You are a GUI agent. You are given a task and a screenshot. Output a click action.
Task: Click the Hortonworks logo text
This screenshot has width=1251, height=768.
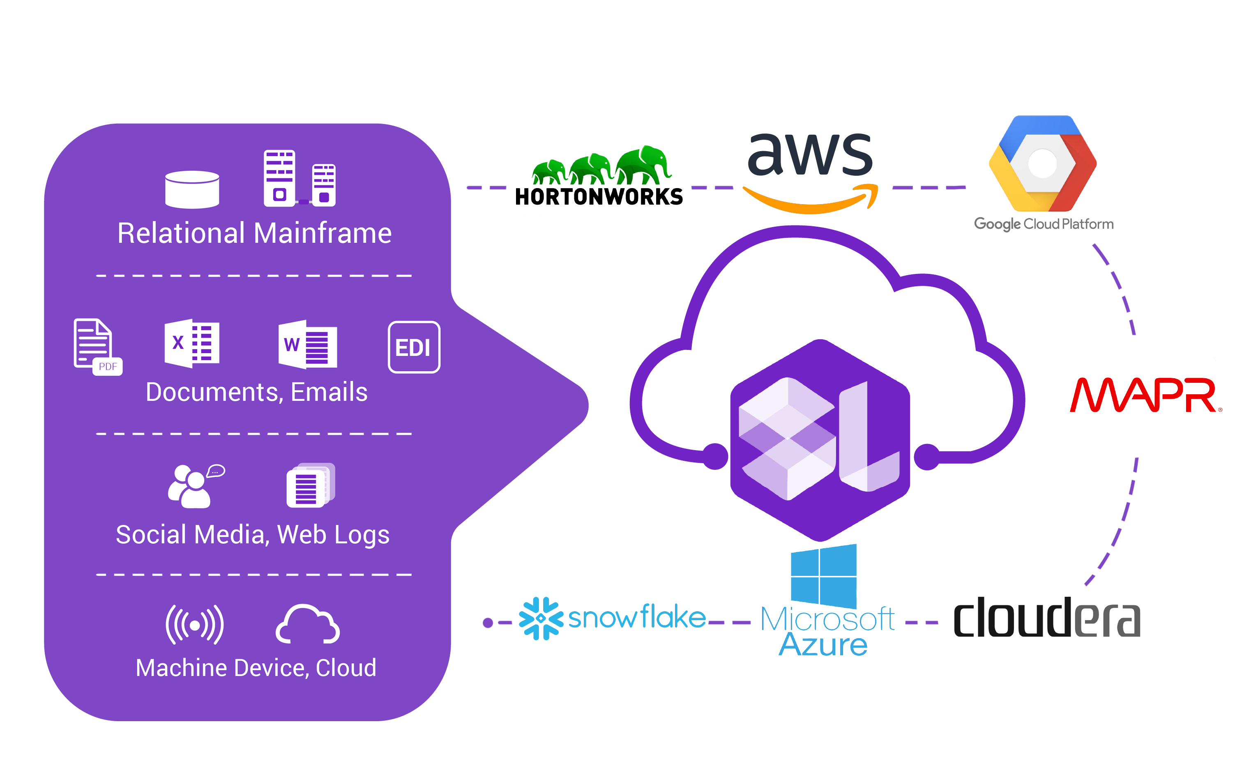599,197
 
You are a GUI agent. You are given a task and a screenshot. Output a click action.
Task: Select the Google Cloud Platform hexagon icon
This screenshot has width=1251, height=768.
1042,163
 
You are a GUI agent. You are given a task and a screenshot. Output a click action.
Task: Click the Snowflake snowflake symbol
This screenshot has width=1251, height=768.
541,618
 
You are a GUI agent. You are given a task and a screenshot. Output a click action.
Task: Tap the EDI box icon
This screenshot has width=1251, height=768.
414,347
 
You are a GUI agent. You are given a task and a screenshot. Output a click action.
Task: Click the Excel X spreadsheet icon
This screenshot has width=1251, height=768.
192,343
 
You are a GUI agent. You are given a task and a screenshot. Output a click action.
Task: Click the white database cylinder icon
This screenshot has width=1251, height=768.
192,189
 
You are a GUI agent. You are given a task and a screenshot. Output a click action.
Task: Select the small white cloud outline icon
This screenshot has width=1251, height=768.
307,625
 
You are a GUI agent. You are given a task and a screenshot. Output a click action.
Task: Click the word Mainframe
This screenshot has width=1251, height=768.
323,234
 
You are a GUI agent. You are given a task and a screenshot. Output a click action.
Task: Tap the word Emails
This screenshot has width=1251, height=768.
329,392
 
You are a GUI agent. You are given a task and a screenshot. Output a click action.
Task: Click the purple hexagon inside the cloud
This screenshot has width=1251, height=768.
820,440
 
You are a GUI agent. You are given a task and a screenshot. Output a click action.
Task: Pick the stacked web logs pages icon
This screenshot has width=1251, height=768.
309,485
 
